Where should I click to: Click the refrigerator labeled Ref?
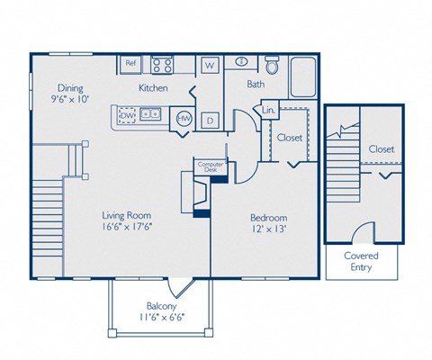point(130,64)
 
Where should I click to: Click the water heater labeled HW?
point(184,118)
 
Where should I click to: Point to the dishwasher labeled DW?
point(127,114)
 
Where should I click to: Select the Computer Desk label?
point(211,166)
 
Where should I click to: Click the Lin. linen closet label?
point(268,110)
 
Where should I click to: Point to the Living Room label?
point(126,216)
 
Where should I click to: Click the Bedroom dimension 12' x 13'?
point(268,231)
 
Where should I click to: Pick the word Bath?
point(256,85)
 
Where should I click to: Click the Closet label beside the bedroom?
point(289,138)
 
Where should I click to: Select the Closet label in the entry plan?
point(381,148)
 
